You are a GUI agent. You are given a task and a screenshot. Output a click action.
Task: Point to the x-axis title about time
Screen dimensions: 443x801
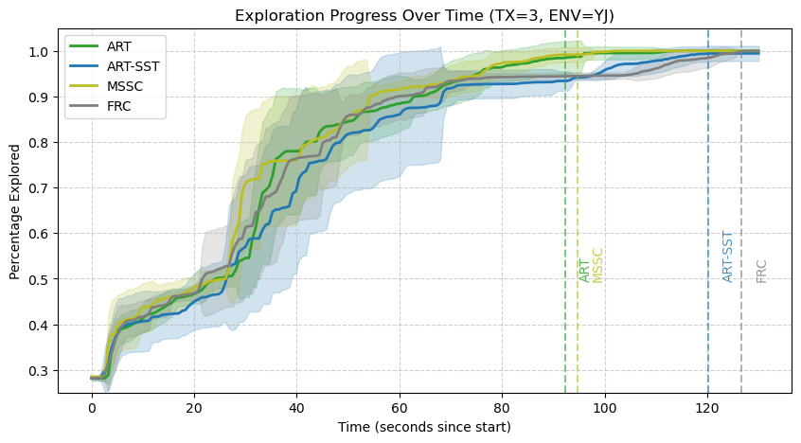click(424, 427)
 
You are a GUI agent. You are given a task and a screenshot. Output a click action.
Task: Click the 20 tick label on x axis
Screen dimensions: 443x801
click(194, 407)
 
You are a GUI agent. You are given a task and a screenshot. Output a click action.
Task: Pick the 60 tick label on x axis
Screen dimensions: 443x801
click(400, 407)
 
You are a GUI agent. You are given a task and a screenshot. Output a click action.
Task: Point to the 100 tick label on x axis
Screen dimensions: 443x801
click(604, 407)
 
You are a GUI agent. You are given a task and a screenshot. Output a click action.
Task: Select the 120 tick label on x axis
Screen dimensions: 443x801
click(707, 407)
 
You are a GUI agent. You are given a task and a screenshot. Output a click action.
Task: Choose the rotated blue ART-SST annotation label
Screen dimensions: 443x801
click(727, 257)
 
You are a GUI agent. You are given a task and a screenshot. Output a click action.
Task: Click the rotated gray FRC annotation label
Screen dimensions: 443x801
click(761, 271)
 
